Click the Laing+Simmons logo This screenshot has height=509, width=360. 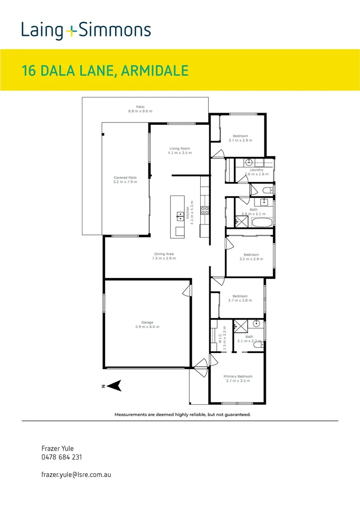pos(86,30)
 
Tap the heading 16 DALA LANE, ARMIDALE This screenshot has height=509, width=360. pos(105,71)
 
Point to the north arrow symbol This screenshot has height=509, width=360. pos(113,386)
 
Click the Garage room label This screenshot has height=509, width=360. pos(147,323)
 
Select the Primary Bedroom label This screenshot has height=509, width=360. pos(238,377)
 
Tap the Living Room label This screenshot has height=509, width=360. pos(180,148)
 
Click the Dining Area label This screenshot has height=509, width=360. pos(164,254)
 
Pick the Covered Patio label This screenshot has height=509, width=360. pos(125,178)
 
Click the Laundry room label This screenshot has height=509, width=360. pos(256,170)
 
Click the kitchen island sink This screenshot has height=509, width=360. pos(180,216)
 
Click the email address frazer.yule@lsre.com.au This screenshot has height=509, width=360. pos(76,475)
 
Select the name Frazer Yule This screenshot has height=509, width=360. pos(57,448)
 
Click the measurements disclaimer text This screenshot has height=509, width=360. pos(182,415)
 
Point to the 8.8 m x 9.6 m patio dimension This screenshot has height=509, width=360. pos(140,111)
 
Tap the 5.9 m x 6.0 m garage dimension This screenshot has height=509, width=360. pos(147,327)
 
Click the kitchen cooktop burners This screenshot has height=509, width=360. pos(205,210)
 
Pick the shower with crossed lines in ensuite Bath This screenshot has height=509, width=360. pos(241,326)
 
